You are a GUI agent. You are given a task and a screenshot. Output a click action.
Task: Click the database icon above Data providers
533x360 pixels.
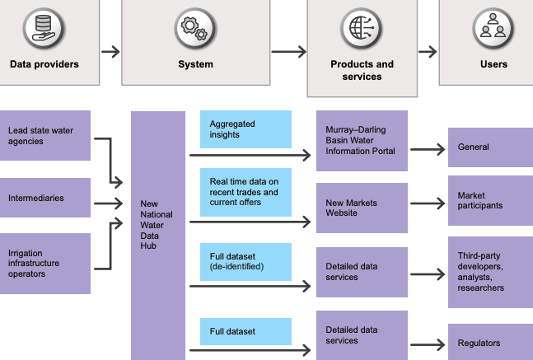pos(44,29)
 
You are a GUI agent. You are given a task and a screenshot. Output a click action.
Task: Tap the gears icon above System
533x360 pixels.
pos(195,29)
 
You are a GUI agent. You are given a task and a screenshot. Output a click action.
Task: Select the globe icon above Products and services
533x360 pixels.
pos(362,29)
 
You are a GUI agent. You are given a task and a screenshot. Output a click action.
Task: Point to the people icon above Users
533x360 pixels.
pos(493,29)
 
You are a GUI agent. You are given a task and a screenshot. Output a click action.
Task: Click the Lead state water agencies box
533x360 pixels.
pos(45,135)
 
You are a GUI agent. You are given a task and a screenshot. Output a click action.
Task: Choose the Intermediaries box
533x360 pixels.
pos(45,198)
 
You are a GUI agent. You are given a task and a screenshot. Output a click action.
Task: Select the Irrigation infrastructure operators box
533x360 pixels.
pos(45,264)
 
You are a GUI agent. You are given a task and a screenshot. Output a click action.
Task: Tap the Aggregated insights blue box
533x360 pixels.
pos(245,129)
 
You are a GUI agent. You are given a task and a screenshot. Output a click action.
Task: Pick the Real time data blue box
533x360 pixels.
pos(245,192)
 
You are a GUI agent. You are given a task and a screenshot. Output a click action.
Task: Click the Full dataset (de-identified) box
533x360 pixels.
pos(245,262)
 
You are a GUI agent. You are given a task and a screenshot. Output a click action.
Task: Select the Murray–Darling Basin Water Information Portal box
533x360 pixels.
pos(362,141)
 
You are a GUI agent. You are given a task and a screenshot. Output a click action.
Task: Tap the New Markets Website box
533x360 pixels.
pos(362,208)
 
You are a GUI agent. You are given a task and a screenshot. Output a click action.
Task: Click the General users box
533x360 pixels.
pos(490,147)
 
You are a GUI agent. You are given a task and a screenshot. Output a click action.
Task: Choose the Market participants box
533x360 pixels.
pos(490,200)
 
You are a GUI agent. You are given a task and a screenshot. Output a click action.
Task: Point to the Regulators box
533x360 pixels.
pos(490,342)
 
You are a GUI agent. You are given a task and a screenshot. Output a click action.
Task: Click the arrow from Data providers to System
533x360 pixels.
pos(110,52)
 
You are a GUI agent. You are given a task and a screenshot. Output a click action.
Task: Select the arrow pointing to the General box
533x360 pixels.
pos(428,149)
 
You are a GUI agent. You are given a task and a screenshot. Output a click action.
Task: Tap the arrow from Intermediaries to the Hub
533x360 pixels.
pos(109,203)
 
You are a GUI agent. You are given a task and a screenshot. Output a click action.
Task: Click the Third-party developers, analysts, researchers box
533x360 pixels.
pos(490,273)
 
